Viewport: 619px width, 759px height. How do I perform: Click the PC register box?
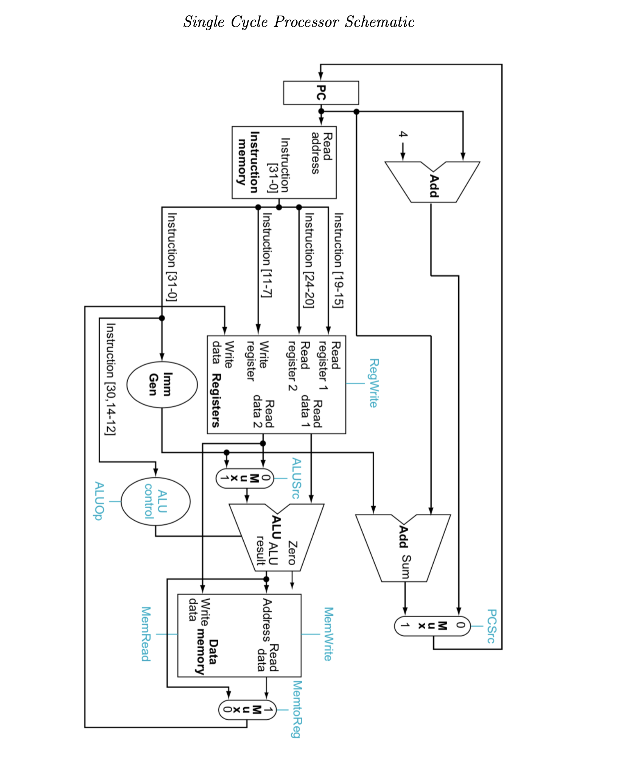[321, 93]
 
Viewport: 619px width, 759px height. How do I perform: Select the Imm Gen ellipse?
[162, 384]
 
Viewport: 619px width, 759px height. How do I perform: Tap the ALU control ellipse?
[156, 502]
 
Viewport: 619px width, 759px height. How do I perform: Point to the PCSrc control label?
[491, 626]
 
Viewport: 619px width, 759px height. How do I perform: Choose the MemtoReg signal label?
[297, 709]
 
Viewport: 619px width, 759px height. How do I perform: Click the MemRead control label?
[146, 634]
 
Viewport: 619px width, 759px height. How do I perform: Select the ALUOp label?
[99, 501]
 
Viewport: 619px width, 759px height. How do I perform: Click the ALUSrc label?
[296, 478]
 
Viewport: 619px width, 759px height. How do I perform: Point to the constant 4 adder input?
[403, 135]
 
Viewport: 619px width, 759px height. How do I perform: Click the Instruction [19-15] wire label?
[338, 260]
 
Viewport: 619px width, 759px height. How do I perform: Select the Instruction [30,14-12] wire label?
[110, 378]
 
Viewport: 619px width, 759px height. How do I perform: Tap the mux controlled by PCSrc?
[432, 626]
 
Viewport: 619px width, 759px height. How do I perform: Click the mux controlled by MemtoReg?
[247, 710]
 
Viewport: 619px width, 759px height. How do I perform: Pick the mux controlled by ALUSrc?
[244, 478]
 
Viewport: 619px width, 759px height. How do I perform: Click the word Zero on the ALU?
[292, 553]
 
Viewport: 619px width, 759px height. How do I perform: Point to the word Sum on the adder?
[406, 566]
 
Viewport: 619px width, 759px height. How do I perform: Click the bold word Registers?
[216, 400]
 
